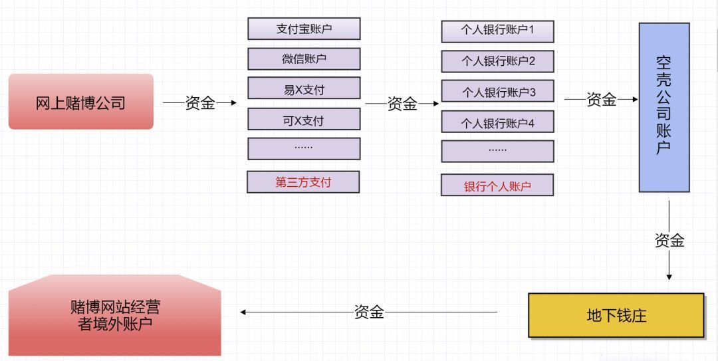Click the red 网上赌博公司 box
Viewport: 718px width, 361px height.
click(x=80, y=102)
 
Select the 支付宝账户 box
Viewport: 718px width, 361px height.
click(x=304, y=29)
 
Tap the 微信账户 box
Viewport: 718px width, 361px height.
click(x=304, y=59)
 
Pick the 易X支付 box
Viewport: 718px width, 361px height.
click(x=304, y=88)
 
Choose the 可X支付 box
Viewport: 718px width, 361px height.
click(x=304, y=119)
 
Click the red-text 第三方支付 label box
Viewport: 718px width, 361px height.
click(x=303, y=182)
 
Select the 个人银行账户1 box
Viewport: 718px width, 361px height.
click(x=497, y=31)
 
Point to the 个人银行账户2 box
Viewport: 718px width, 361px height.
click(x=497, y=61)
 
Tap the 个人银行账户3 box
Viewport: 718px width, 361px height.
click(x=497, y=92)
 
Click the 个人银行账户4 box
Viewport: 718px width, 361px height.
click(x=497, y=122)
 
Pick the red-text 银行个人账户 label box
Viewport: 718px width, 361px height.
click(x=497, y=185)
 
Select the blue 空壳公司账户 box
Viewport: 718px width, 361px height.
click(x=663, y=107)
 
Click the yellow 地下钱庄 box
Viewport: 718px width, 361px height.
click(x=616, y=315)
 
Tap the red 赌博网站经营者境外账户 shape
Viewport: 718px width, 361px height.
click(x=114, y=315)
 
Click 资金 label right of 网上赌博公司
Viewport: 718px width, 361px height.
click(x=200, y=102)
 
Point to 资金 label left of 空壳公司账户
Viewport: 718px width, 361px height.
click(x=602, y=100)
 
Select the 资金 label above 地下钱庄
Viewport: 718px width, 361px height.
click(x=669, y=241)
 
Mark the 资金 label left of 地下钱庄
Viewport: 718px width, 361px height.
click(x=369, y=312)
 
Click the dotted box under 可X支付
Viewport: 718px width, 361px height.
click(x=304, y=148)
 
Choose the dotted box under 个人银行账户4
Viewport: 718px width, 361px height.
click(x=497, y=151)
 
